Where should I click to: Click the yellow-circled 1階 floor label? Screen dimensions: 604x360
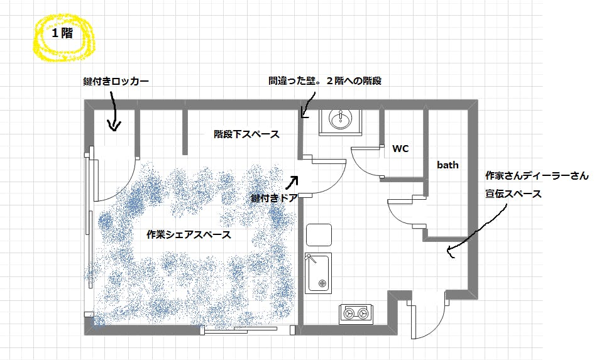[x=62, y=33]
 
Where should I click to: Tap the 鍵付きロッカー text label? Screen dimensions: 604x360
[x=116, y=81]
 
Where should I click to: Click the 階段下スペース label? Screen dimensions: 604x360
[x=246, y=134]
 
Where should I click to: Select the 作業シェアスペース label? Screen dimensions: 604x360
[x=189, y=234]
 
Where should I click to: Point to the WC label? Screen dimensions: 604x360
[x=400, y=149]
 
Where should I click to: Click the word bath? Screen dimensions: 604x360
[x=448, y=165]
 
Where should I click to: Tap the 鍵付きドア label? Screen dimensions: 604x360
[x=274, y=198]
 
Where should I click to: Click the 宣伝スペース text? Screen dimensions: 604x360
[x=513, y=194]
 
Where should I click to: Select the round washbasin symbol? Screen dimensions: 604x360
[x=340, y=119]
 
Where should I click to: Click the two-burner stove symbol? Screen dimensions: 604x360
[x=356, y=314]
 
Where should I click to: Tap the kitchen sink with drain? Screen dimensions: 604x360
[x=318, y=273]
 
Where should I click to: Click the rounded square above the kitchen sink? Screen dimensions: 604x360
[x=319, y=235]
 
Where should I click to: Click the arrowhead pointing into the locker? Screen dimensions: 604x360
[x=114, y=125]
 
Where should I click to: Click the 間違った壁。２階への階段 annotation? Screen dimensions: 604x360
[x=325, y=81]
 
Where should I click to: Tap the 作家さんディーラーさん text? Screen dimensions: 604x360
[x=537, y=175]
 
